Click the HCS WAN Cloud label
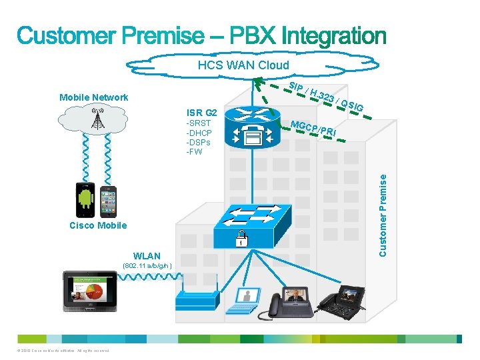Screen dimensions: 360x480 click(x=243, y=65)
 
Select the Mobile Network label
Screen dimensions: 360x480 click(x=93, y=97)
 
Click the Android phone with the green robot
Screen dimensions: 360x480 click(x=86, y=199)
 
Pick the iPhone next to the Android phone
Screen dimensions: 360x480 click(x=108, y=201)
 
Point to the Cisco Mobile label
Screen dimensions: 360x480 click(x=98, y=225)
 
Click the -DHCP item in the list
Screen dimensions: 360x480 click(x=199, y=133)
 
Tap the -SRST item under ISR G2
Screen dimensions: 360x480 click(x=198, y=123)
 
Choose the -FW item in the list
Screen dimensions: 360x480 click(x=194, y=151)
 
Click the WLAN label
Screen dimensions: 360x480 click(x=147, y=256)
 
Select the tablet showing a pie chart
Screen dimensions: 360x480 click(x=90, y=291)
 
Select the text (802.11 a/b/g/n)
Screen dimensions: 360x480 click(x=147, y=266)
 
